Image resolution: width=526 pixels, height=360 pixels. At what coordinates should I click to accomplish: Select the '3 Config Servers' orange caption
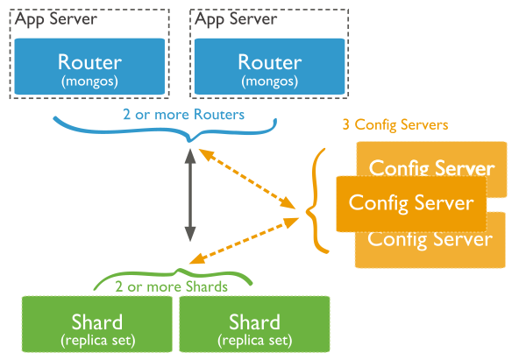[394, 125]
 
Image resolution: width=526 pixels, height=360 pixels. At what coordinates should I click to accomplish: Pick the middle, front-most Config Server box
[411, 202]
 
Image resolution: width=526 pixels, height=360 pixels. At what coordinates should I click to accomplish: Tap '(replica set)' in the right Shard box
[253, 338]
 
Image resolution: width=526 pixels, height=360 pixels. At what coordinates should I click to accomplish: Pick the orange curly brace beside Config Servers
[317, 201]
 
